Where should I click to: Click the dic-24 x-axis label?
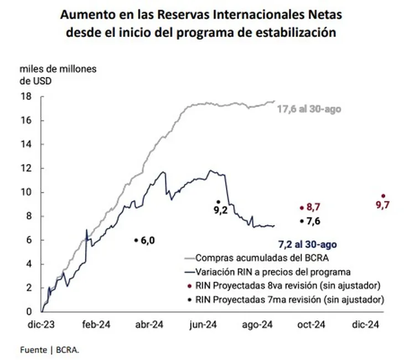(x=366, y=325)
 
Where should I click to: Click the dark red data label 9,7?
(x=383, y=205)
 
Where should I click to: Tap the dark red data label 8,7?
(x=314, y=207)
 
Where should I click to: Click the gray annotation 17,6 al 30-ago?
(x=309, y=109)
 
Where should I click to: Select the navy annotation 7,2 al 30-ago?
(x=307, y=243)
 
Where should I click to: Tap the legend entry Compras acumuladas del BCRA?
(x=266, y=258)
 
